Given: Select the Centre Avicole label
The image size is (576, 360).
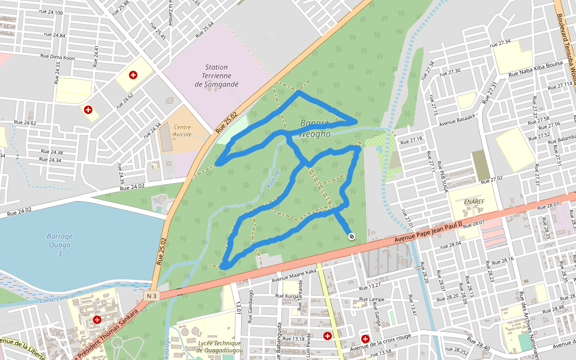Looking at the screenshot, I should click(182, 131).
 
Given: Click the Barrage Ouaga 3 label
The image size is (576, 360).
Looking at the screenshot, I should click(60, 245).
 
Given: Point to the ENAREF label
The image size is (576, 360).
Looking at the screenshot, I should click(475, 202).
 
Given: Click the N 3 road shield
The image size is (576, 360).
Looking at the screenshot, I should click(152, 296).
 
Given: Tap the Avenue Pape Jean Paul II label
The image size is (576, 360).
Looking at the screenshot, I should click(428, 233).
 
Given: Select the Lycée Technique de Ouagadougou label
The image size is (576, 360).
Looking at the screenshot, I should click(215, 346).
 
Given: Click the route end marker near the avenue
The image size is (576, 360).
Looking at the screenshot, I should click(351, 236).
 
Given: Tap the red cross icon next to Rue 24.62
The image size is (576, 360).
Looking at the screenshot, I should click(88, 110).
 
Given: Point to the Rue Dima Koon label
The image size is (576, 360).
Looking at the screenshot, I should click(58, 58).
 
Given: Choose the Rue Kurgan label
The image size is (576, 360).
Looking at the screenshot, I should click(288, 296).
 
